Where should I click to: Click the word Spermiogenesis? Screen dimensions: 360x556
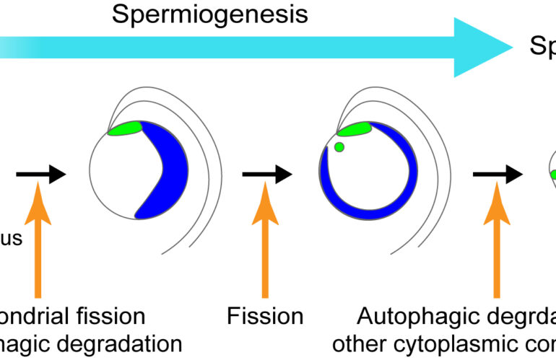tap(209, 14)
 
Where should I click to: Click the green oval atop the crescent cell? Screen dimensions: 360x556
tap(124, 129)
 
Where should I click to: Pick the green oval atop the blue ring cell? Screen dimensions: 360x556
tap(354, 130)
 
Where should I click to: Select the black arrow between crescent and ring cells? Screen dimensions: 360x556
tap(266, 174)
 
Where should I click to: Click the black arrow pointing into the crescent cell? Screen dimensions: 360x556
tap(40, 174)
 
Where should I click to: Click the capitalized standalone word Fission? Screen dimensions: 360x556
tap(265, 316)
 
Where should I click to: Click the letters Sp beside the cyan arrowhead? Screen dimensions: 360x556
tap(542, 46)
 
